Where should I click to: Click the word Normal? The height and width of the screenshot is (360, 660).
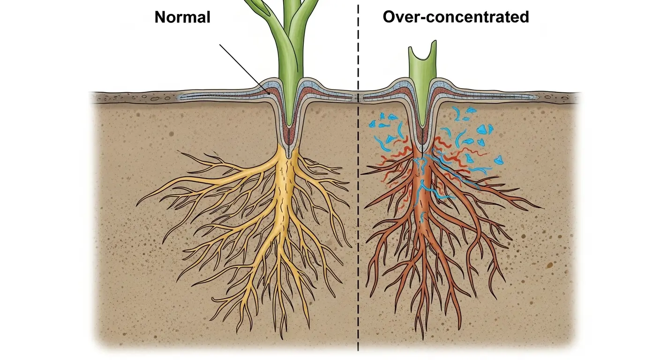pos(182,17)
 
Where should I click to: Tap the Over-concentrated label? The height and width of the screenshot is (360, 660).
pos(456,17)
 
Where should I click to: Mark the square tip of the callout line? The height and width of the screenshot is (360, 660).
pos(268,94)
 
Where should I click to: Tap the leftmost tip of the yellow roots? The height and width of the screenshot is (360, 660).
pos(137,205)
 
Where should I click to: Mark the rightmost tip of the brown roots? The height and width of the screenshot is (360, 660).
pos(543,207)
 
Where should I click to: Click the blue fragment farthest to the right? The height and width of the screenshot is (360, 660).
pos(500,160)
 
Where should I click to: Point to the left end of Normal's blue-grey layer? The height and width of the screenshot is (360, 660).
pos(180,98)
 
